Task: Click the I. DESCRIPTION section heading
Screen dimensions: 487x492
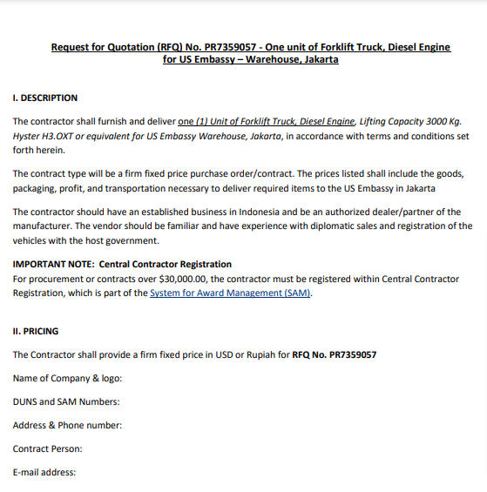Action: point(45,98)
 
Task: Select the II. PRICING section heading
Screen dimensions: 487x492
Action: point(35,331)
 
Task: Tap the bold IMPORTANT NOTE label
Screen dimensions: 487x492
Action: point(53,264)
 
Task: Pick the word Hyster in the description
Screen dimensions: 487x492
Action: point(27,136)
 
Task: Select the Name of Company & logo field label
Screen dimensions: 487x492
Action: point(67,378)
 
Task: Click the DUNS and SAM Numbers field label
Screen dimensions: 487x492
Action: point(66,401)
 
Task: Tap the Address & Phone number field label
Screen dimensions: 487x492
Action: point(67,425)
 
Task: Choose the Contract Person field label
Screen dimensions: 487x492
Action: point(47,448)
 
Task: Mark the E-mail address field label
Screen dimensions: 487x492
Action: point(44,472)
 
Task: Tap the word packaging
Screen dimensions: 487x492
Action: point(35,188)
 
